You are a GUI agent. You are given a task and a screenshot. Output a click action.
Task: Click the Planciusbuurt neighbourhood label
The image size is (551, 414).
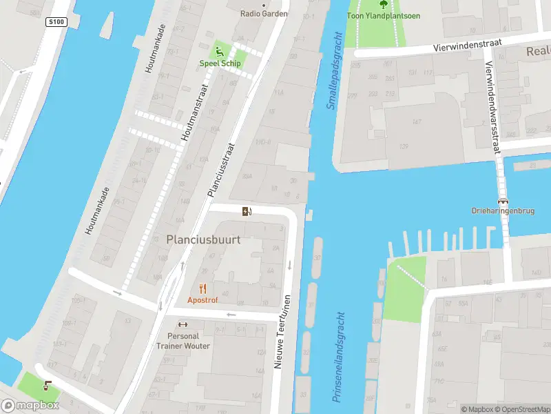click(x=203, y=239)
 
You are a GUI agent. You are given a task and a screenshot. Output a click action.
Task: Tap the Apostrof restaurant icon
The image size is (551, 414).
click(x=202, y=288)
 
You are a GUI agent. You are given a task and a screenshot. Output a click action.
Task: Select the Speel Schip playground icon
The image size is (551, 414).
click(x=219, y=50)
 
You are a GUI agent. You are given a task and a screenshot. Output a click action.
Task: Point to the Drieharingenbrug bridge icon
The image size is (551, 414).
click(x=503, y=200)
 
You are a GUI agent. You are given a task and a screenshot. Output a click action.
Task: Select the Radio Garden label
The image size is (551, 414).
click(x=264, y=14)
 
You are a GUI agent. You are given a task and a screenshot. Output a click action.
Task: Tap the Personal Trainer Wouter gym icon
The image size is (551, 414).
click(x=183, y=325)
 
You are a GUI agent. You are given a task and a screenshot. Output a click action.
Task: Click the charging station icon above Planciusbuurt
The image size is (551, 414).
click(x=247, y=211)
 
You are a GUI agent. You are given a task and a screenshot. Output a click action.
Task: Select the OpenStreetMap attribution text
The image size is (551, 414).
click(x=523, y=409)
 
